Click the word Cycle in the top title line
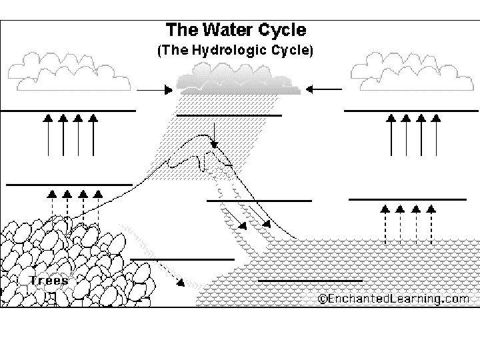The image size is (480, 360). [x=282, y=30]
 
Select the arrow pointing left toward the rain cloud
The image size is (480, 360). [x=325, y=89]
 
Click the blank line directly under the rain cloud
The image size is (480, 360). [x=229, y=115]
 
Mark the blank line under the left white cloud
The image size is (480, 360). [x=68, y=111]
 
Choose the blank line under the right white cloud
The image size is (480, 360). [x=411, y=110]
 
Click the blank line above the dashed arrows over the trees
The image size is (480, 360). [x=69, y=184]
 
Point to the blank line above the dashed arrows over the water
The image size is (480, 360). [x=407, y=199]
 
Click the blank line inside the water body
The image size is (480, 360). [x=310, y=281]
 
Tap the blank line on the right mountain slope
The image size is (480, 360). [x=259, y=200]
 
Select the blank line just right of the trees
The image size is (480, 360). [x=183, y=259]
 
